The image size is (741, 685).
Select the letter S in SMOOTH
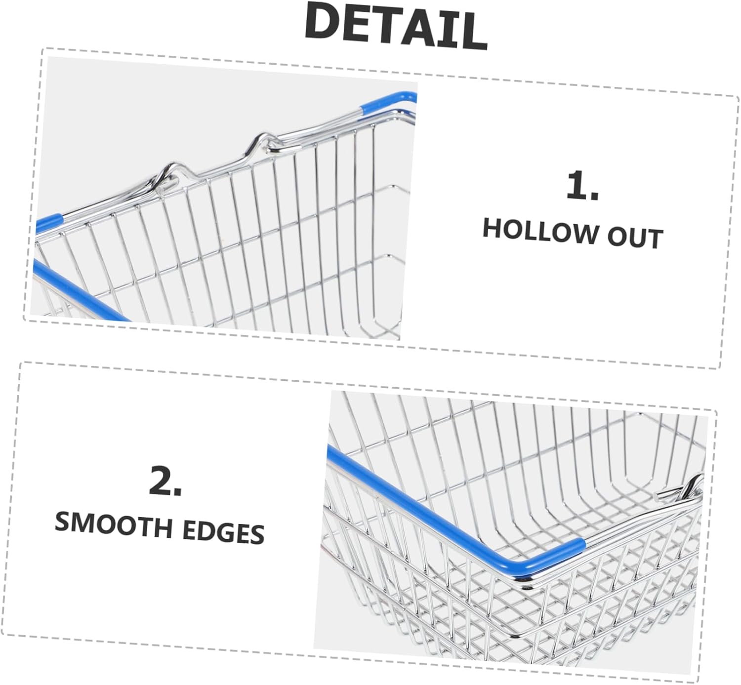point(63,522)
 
